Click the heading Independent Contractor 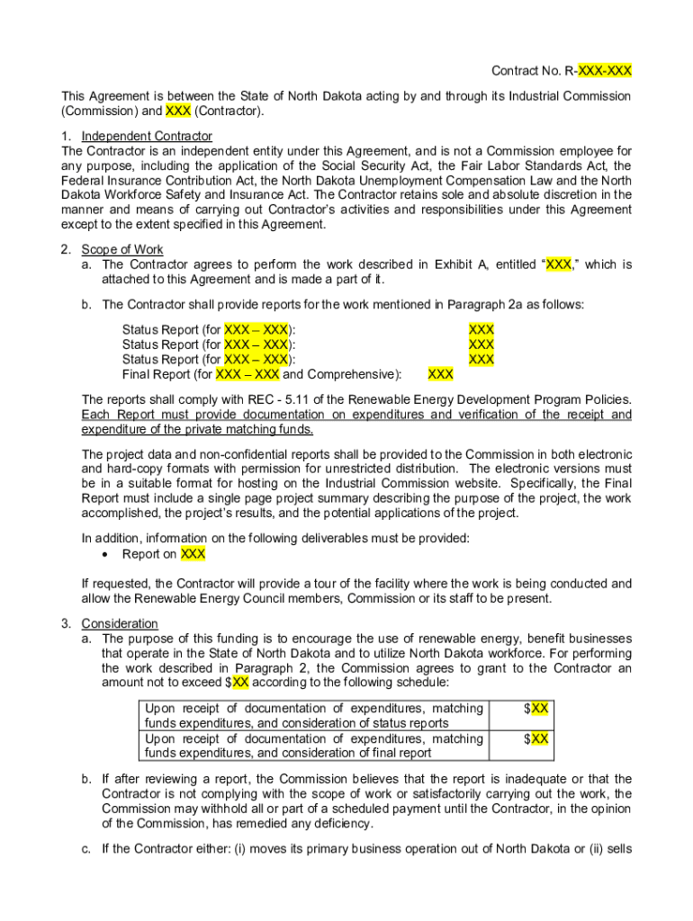click(x=147, y=137)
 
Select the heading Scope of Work click(x=122, y=250)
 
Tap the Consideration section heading click(x=120, y=623)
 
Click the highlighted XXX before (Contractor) click(x=177, y=112)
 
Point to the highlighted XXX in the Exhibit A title click(x=558, y=264)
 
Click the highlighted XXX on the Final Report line click(x=440, y=374)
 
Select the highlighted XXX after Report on click(x=193, y=554)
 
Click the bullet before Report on click(x=107, y=554)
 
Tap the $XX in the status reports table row click(x=536, y=709)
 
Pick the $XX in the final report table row click(x=536, y=738)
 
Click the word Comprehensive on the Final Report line click(x=350, y=374)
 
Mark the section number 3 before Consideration click(x=66, y=623)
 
